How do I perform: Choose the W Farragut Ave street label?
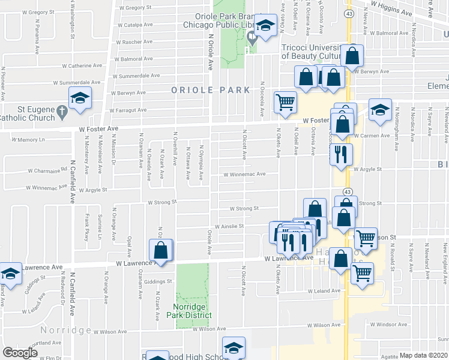(127, 110)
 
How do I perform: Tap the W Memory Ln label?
(29, 139)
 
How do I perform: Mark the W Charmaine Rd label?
(49, 169)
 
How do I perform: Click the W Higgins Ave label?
(395, 11)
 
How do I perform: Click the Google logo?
(20, 353)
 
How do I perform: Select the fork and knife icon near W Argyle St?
(341, 154)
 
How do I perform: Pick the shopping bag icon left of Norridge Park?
(161, 250)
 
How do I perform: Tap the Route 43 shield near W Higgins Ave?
(348, 13)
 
